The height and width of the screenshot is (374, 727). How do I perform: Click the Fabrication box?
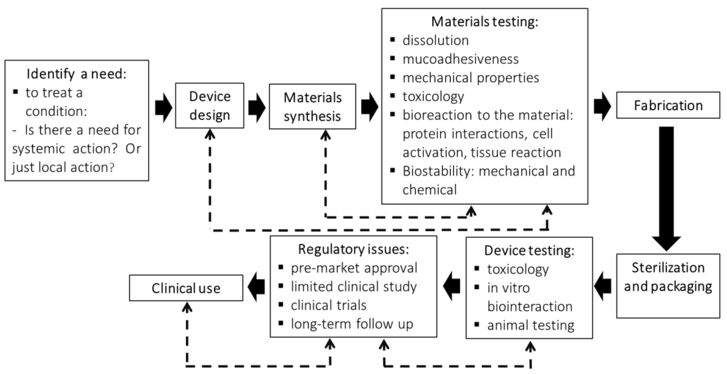coord(668,105)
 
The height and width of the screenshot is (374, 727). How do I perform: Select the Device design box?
coord(210,106)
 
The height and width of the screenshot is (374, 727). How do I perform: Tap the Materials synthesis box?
coord(312,107)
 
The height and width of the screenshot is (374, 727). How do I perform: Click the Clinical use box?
coord(186,288)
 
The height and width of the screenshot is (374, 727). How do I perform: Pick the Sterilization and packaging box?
coord(668,286)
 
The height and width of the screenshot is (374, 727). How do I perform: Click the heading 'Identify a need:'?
coord(76,74)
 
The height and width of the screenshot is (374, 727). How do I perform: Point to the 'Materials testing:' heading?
coord(485,22)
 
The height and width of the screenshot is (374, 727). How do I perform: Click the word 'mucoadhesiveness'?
coord(460,59)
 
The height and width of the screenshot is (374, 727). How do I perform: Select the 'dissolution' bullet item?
coord(436,40)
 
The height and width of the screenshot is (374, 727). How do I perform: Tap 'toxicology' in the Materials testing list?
coord(433,96)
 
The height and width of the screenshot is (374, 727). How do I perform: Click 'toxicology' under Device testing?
coord(518,269)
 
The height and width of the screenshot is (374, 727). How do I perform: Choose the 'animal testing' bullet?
coord(531,325)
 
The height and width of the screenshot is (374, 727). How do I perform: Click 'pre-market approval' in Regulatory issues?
coord(354,268)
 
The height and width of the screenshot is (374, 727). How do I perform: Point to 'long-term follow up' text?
coord(352,324)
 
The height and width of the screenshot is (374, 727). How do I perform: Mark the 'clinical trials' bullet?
coord(329,305)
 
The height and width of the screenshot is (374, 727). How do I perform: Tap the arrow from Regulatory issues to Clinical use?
coord(256,287)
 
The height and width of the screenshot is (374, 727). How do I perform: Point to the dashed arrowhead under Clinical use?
coord(187,307)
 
